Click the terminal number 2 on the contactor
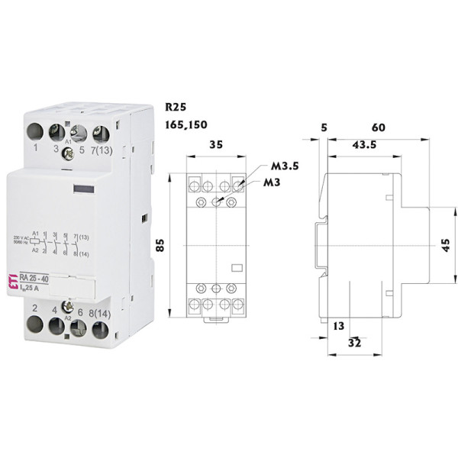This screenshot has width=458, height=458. (x=35, y=309)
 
